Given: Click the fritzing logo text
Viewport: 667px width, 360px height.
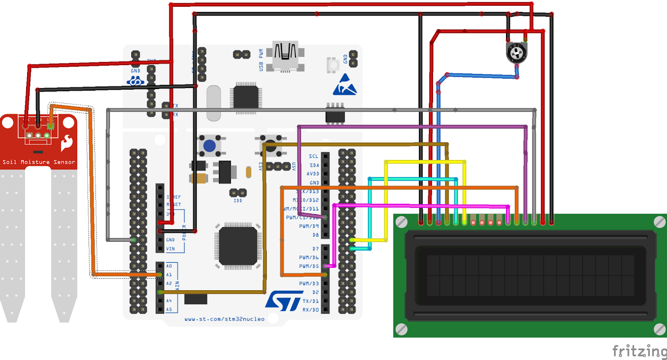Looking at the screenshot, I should pos(639,351).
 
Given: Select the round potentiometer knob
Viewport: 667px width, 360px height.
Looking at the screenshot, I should pos(516,53).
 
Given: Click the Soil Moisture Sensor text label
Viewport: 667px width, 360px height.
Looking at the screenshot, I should pos(39,162).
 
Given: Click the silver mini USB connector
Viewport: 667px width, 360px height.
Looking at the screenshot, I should pos(285,54).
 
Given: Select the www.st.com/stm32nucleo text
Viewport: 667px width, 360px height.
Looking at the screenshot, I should pos(224,319).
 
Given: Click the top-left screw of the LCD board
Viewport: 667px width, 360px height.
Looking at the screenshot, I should pos(401,222).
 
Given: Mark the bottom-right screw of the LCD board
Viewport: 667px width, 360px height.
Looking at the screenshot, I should pos(660,329).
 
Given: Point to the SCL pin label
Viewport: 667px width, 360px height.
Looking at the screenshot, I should pos(313,156).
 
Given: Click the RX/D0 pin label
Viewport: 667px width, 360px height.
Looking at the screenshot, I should pos(311,310).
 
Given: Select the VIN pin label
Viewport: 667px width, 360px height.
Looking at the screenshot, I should pos(170,249).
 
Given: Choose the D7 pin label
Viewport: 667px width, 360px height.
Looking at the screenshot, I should pos(315,249).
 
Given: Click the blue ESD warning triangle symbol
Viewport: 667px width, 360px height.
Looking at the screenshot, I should pos(344,85).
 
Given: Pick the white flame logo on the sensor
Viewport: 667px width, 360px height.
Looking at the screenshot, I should pos(67,142).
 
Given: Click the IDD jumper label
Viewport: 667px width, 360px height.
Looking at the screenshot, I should pos(238,201).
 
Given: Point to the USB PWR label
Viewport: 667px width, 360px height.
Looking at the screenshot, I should pos(262,60).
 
